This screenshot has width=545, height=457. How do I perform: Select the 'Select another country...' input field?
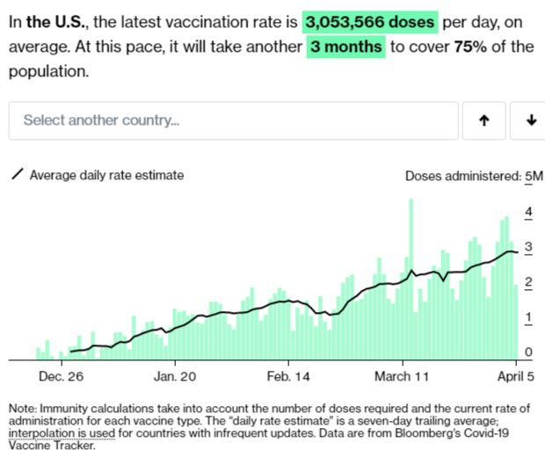coord(233,120)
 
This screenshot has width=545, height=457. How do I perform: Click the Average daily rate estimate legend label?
coord(106,175)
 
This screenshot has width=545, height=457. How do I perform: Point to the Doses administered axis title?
coord(461,176)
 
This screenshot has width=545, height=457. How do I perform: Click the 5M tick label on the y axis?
coord(533,176)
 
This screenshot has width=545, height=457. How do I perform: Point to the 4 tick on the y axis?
coord(527,212)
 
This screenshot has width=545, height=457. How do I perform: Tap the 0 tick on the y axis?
coord(527,352)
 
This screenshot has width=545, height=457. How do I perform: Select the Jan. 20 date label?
coord(174,377)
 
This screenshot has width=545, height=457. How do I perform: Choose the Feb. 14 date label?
coord(288,377)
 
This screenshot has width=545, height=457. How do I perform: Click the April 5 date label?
coord(514,377)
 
